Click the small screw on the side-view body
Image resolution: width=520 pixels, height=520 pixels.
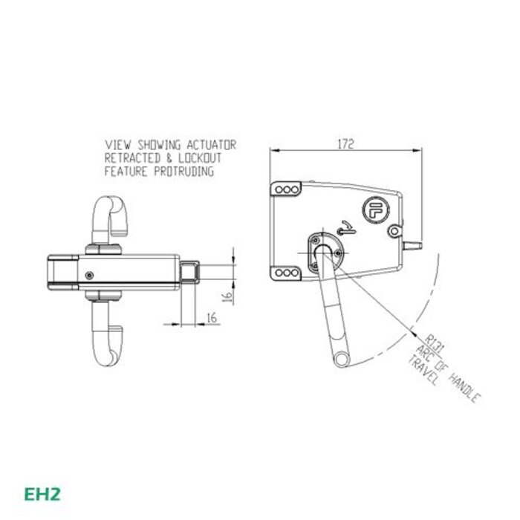[x=89, y=275]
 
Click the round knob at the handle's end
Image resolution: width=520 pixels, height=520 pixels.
[x=341, y=359]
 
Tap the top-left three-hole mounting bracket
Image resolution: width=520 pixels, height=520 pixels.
[x=285, y=190]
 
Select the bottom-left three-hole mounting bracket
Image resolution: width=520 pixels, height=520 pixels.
[x=285, y=274]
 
